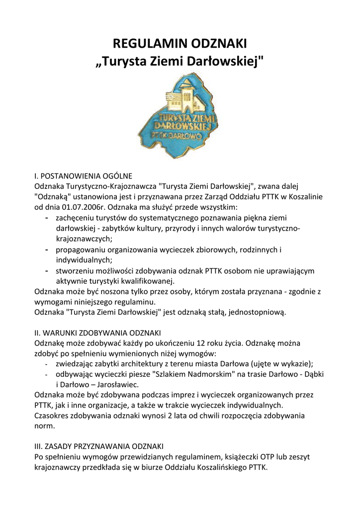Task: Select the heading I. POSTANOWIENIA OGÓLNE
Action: (x=83, y=176)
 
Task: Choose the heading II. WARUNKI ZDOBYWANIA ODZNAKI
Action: (x=97, y=333)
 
